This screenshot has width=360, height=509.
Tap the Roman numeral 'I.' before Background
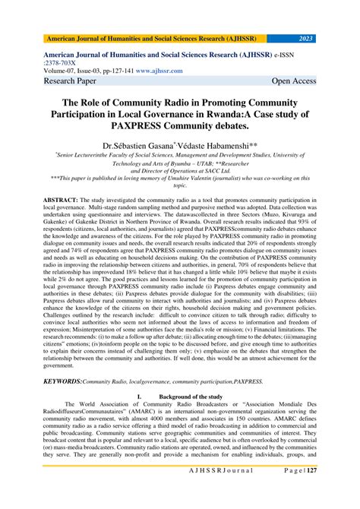137,417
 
